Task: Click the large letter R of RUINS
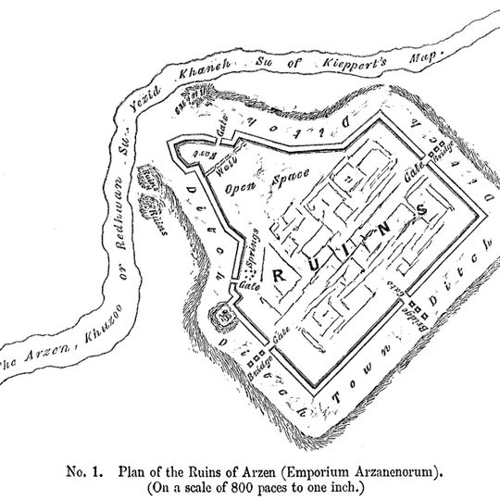click(x=277, y=274)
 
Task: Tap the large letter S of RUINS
click(x=423, y=211)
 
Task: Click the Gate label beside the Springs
click(x=249, y=287)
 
